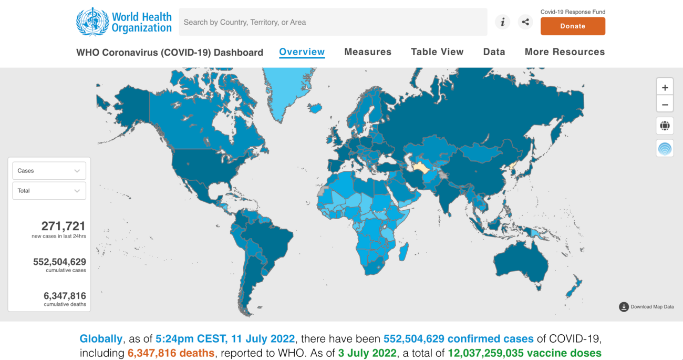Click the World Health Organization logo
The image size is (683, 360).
coord(124,22)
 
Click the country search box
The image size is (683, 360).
coord(333,22)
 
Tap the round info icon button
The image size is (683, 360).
coord(502,22)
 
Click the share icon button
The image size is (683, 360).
coord(525,22)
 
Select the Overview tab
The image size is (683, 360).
coord(302,52)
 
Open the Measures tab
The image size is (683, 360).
coord(368,52)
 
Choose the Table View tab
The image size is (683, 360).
coord(437,52)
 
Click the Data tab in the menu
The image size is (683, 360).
coord(494,52)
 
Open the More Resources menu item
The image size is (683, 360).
coord(565,52)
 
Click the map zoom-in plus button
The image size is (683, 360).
coord(665,87)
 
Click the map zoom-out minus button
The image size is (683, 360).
coord(665,104)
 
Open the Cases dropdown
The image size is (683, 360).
coord(49,171)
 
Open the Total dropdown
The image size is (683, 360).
coord(49,191)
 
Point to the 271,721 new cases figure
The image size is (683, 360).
coord(63,227)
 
